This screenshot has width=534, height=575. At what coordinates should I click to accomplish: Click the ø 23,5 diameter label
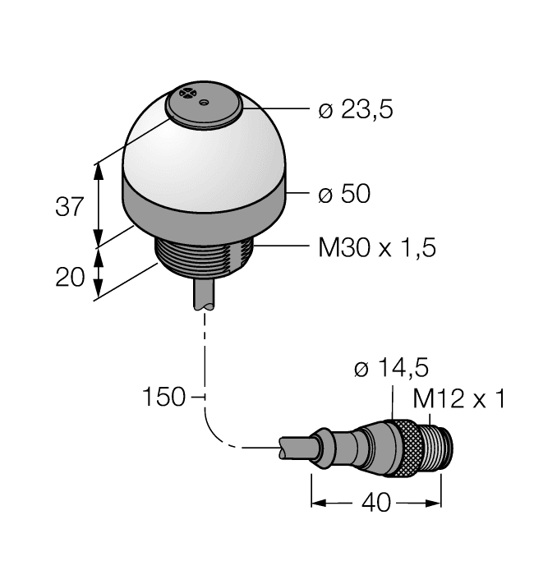point(356,109)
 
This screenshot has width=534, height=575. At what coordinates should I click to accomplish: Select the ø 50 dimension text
point(344,193)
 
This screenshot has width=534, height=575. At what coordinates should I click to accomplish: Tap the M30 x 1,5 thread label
point(377,247)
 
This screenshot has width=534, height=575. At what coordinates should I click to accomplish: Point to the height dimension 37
point(70,206)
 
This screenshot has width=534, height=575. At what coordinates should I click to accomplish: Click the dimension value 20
point(70,277)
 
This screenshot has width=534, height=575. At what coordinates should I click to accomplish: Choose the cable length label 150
point(163,397)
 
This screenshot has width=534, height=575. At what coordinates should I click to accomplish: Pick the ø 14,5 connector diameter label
point(391,368)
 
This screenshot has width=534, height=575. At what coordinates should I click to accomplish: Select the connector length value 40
point(376,503)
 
